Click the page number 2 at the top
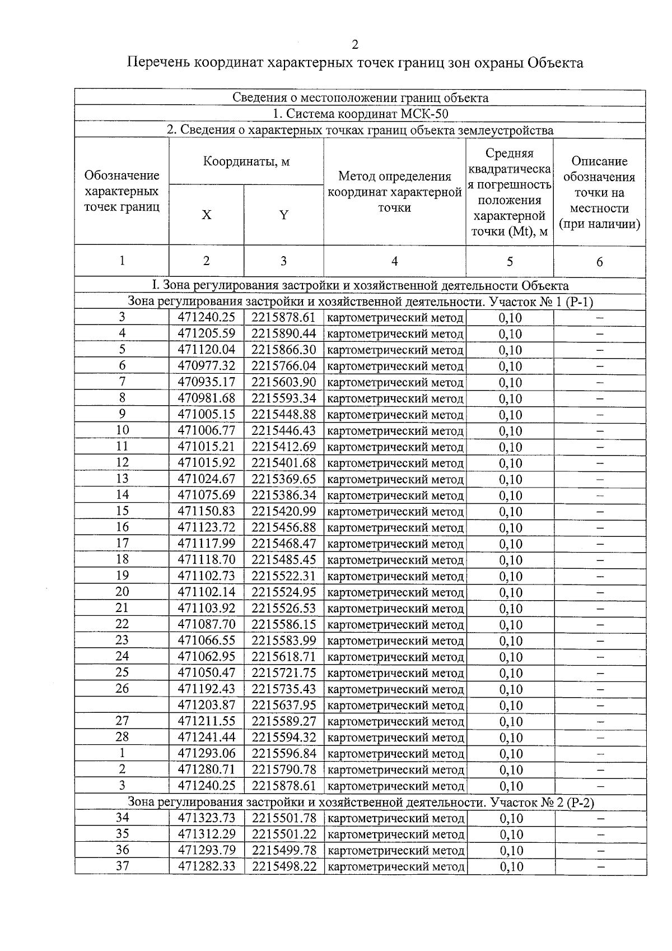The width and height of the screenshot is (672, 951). tap(354, 45)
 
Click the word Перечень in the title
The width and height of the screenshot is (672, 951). tap(158, 63)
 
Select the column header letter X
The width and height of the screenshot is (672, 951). tap(207, 215)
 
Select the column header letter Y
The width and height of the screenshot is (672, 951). tap(283, 215)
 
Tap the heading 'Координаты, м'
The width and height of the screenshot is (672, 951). tap(246, 162)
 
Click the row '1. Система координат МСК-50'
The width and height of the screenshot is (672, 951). tap(360, 114)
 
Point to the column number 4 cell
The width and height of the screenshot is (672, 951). tap(394, 261)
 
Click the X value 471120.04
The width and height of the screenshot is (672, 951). tap(207, 350)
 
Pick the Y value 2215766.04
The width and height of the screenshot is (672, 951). tap(283, 367)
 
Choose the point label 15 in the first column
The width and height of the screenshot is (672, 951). tap(122, 511)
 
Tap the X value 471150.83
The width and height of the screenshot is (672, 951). tap(207, 512)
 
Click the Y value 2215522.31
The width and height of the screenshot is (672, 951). tap(283, 576)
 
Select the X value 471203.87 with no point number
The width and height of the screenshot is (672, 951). tap(207, 706)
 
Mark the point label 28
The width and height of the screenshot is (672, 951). tap(122, 737)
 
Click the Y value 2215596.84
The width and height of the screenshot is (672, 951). tap(283, 754)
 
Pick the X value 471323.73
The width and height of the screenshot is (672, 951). tap(207, 818)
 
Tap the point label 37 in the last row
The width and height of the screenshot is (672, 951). tap(122, 866)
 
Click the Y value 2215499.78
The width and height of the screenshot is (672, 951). tap(283, 851)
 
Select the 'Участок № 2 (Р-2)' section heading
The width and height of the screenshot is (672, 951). tap(541, 802)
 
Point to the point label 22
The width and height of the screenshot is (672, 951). tap(122, 624)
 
